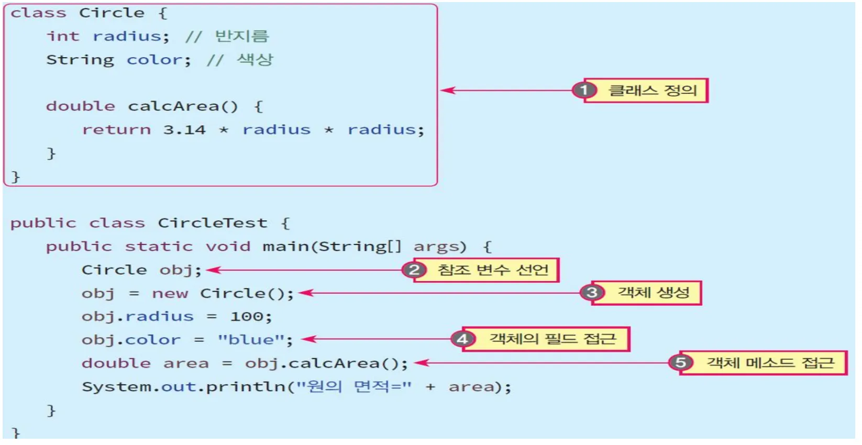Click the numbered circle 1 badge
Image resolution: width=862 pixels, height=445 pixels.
click(x=584, y=91)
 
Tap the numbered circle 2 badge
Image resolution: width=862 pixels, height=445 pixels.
click(x=414, y=270)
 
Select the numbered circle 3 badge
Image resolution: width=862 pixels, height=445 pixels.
click(x=592, y=293)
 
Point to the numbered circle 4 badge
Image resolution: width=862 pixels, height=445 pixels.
click(x=463, y=339)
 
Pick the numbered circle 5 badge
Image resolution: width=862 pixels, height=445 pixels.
click(x=680, y=362)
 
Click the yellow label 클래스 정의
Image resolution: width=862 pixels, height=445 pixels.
click(x=646, y=91)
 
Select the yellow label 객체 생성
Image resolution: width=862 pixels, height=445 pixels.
click(x=646, y=293)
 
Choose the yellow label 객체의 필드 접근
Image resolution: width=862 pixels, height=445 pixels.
click(x=546, y=339)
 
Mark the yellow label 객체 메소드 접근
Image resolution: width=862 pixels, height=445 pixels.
click(x=764, y=362)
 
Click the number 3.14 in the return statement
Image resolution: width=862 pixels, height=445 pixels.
click(x=184, y=130)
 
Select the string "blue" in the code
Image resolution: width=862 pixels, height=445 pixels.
click(x=251, y=339)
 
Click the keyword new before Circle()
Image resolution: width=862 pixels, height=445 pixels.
click(x=170, y=294)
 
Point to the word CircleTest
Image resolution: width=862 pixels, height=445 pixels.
click(x=213, y=222)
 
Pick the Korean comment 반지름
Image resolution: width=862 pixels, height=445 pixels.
click(x=241, y=36)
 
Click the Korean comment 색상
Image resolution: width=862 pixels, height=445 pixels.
click(x=255, y=59)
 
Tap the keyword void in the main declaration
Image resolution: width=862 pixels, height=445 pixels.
click(x=228, y=246)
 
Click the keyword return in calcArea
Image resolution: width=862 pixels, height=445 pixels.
click(x=117, y=130)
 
